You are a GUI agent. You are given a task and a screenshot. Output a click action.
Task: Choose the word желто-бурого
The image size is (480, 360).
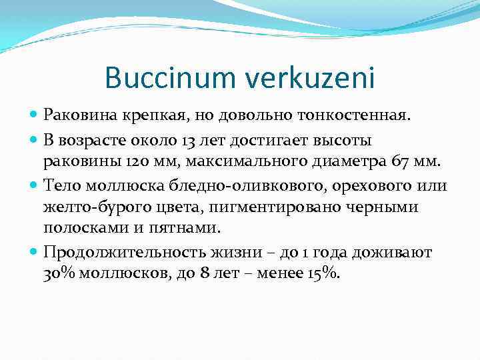(91, 207)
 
